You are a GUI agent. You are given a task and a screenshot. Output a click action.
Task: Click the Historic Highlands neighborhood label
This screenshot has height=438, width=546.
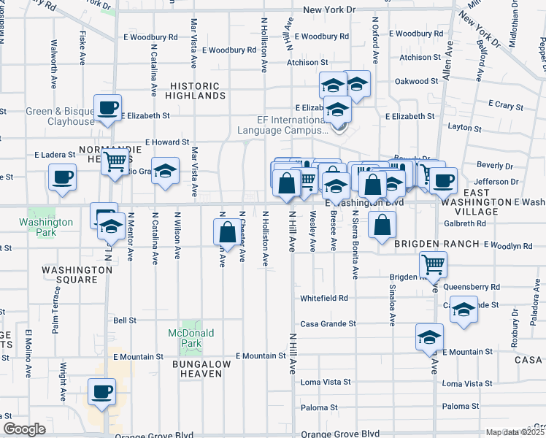[x=195, y=91]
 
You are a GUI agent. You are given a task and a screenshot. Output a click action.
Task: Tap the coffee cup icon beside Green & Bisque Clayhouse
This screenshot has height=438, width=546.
[x=107, y=109]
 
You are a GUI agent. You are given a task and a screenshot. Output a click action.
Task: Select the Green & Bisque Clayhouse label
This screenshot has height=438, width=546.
[x=61, y=117]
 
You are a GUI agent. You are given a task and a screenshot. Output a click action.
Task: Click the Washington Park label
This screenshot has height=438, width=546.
[x=46, y=227]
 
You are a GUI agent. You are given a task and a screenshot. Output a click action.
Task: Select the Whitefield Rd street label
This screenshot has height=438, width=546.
[x=323, y=299]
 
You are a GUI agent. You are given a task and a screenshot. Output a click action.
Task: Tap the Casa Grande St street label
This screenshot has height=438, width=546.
[x=328, y=324]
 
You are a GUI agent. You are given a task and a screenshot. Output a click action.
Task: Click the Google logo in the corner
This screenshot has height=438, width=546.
[x=24, y=429]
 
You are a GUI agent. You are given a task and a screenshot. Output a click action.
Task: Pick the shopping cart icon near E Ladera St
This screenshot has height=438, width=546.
[x=115, y=161]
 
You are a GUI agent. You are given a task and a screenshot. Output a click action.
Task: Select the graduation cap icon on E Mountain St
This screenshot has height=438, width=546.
[x=429, y=338]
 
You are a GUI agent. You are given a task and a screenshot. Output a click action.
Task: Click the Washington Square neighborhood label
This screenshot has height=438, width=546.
[x=77, y=274]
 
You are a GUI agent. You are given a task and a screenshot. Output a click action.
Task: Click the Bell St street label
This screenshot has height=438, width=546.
[x=125, y=320]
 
